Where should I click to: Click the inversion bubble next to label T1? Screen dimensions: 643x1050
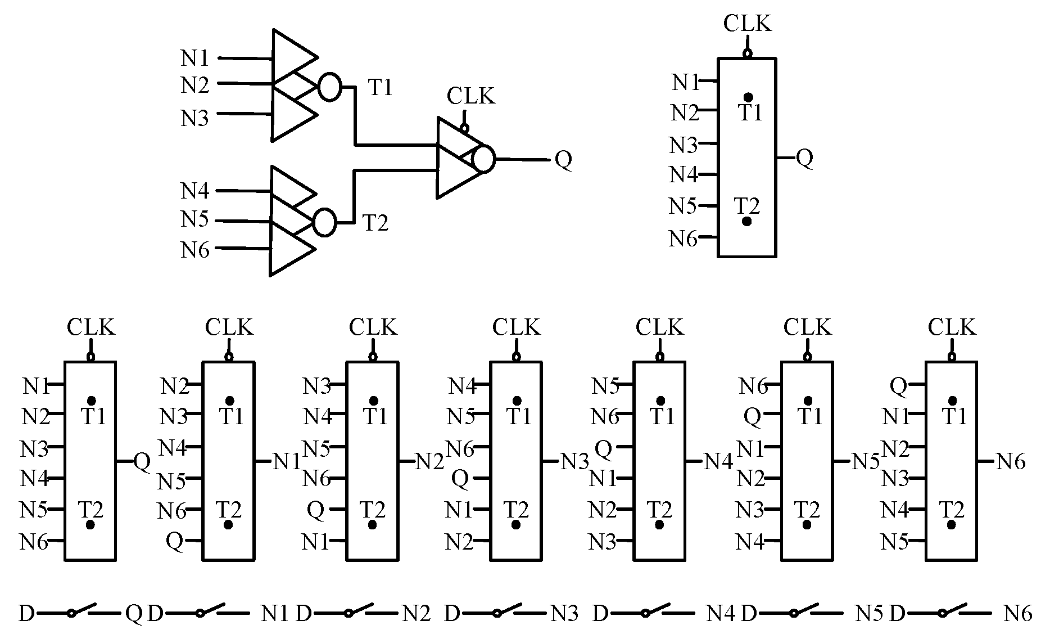[329, 87]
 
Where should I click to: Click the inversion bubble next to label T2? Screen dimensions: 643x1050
[324, 222]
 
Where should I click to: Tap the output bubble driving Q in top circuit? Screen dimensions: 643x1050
[483, 159]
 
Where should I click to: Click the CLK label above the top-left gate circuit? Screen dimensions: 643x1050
[471, 97]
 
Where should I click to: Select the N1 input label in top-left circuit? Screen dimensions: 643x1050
[195, 58]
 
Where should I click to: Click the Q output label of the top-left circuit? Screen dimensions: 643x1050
[563, 160]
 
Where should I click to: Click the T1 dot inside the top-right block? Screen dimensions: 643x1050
[748, 97]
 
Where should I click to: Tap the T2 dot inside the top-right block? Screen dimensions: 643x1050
[746, 221]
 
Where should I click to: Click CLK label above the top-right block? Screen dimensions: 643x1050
[748, 24]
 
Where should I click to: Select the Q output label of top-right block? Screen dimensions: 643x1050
[805, 159]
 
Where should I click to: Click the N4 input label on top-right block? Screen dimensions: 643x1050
[684, 175]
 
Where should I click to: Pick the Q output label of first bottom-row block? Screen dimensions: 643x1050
[142, 462]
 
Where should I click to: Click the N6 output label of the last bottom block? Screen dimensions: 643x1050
[1011, 462]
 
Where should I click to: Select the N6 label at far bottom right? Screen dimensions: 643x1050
[1018, 613]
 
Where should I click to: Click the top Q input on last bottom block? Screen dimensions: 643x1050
[899, 386]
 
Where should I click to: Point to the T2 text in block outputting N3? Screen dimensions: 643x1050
[516, 510]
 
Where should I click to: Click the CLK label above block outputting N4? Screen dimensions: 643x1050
[660, 327]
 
